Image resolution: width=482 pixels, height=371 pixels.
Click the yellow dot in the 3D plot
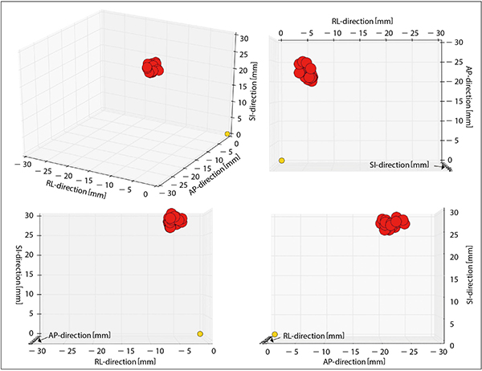(x=227, y=133)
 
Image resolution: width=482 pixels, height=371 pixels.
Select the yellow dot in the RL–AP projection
(x=281, y=161)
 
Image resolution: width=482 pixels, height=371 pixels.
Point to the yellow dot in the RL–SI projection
(x=200, y=334)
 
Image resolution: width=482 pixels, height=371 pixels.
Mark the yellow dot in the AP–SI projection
(x=275, y=334)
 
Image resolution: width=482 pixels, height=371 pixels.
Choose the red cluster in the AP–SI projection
(x=394, y=222)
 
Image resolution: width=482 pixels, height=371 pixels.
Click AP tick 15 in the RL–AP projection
(x=453, y=101)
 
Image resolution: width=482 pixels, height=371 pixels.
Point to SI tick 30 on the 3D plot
(x=240, y=37)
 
